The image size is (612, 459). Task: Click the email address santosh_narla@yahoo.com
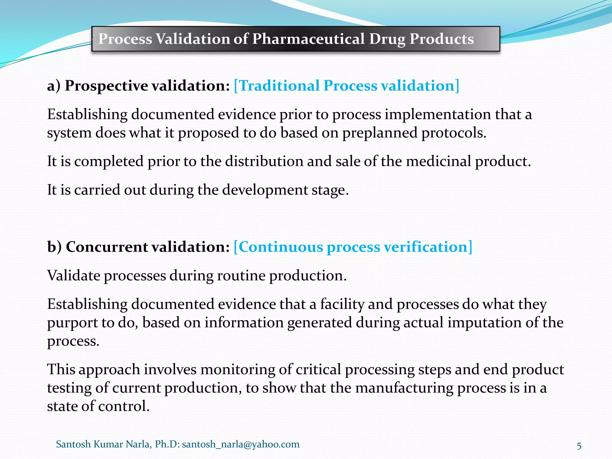tap(241, 444)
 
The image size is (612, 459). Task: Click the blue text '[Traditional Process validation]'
tap(346, 86)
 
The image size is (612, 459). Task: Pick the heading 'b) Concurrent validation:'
tap(138, 247)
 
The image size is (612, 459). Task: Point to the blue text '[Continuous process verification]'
tap(353, 247)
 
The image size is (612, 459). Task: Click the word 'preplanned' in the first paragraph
tap(380, 133)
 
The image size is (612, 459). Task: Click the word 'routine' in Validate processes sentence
tap(241, 276)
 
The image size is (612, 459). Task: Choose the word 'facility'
tap(342, 304)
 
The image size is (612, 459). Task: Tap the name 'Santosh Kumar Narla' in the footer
tap(103, 444)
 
